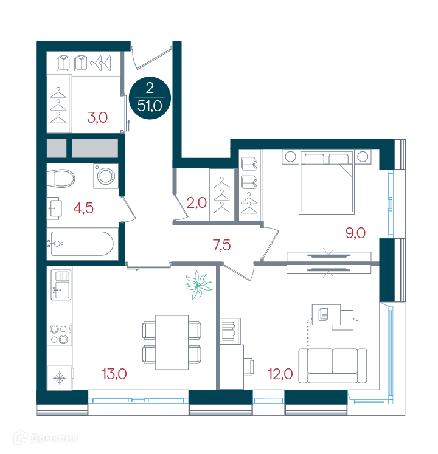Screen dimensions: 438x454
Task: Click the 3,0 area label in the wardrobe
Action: click(x=97, y=118)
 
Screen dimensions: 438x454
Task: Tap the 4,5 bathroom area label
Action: click(x=83, y=208)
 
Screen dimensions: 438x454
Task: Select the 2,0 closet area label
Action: click(x=196, y=202)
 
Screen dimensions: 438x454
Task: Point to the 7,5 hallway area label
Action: click(x=222, y=246)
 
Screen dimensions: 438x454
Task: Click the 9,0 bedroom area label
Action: click(x=355, y=233)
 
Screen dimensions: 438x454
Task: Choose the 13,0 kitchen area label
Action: click(x=114, y=374)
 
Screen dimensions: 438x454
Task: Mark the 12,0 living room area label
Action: click(x=280, y=374)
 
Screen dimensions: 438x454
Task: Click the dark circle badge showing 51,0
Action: click(x=150, y=98)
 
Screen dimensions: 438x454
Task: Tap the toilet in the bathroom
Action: click(x=61, y=178)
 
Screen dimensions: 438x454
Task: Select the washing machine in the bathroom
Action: click(x=106, y=176)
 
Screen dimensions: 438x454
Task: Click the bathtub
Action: click(x=82, y=244)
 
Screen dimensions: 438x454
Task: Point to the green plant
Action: click(x=198, y=284)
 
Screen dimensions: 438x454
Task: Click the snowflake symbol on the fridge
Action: click(x=60, y=378)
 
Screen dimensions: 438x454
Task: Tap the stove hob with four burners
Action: click(x=60, y=334)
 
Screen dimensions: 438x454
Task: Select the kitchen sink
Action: click(x=61, y=285)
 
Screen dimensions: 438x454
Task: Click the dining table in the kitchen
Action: click(x=172, y=342)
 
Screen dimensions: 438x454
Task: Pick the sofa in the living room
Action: click(x=333, y=366)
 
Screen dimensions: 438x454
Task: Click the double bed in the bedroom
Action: click(x=327, y=182)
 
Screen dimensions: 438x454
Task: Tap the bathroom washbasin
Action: click(x=55, y=208)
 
